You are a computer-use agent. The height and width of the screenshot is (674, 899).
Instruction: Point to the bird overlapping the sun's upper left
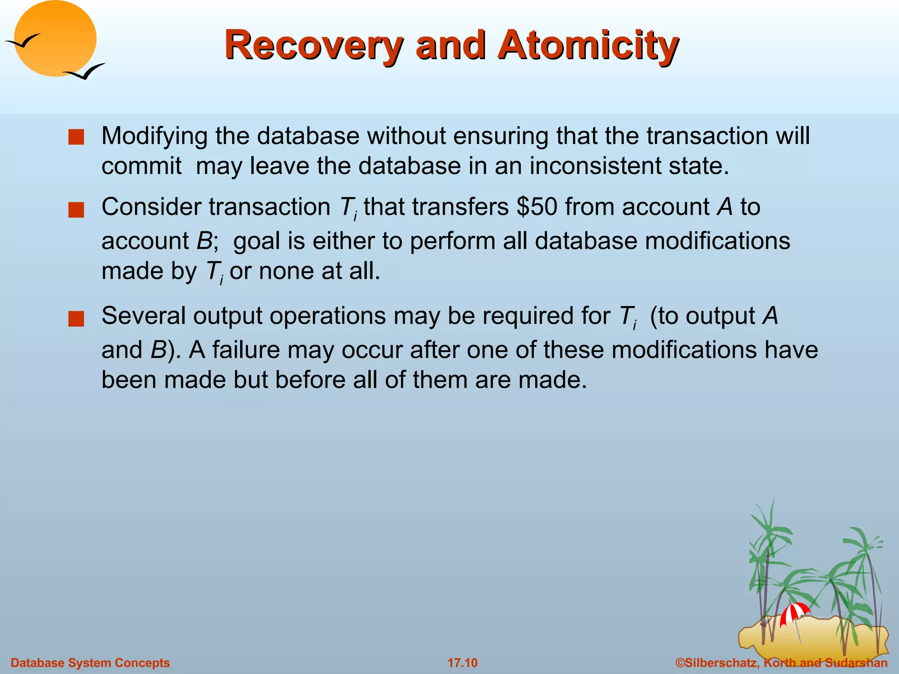click(22, 42)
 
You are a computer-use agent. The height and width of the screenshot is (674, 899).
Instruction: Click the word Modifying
click(154, 136)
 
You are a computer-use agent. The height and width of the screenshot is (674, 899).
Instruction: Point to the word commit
click(141, 166)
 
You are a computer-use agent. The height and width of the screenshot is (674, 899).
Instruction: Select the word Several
click(144, 315)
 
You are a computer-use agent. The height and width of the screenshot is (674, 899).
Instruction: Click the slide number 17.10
click(462, 663)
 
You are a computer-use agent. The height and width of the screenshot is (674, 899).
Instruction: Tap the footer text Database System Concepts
click(90, 663)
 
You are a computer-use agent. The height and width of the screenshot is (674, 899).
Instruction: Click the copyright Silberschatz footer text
click(781, 663)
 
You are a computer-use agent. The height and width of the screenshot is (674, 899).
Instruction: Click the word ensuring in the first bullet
click(500, 136)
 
